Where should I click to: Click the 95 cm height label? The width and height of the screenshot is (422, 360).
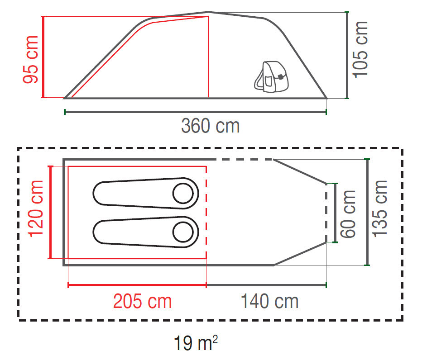click(31, 59)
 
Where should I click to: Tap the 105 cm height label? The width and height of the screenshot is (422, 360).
click(360, 50)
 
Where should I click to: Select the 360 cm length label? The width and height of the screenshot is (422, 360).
click(211, 126)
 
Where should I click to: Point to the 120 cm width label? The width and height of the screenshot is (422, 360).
click(35, 209)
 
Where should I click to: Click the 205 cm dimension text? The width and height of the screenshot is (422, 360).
click(142, 301)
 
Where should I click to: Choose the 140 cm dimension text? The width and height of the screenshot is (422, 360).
click(270, 301)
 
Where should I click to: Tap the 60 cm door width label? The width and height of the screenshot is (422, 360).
click(348, 214)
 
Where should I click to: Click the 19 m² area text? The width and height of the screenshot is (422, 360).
click(196, 342)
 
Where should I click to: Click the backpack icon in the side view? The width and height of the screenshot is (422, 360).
click(271, 77)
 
